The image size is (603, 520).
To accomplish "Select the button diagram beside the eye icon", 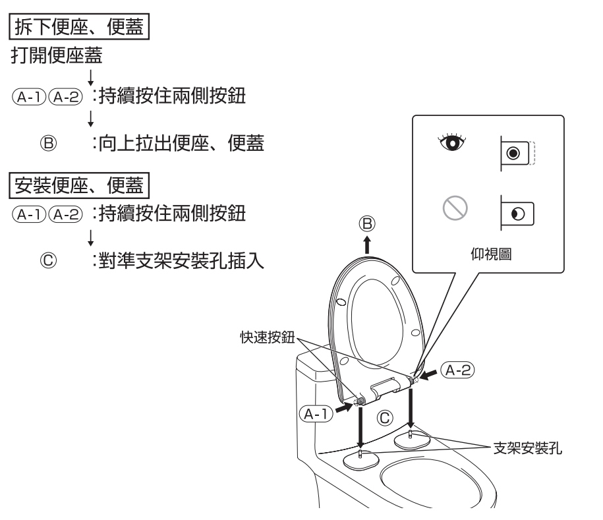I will pos(518,151).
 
